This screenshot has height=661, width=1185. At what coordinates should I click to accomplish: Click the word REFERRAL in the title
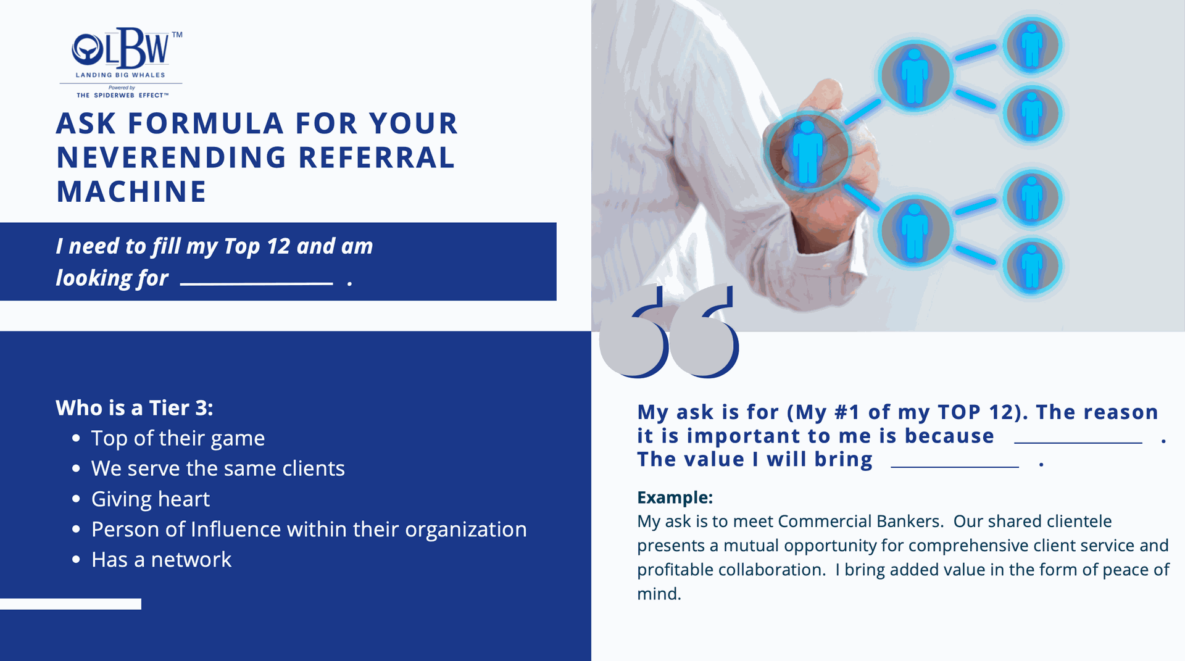tap(377, 157)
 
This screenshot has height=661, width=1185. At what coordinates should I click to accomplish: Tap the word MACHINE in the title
tap(131, 191)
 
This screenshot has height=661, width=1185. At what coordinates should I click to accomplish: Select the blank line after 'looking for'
tap(257, 284)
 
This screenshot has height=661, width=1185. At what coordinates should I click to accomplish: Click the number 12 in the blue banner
tap(278, 246)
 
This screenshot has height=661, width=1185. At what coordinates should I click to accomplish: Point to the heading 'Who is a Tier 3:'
tap(135, 408)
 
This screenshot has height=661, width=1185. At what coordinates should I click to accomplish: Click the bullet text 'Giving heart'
tap(151, 499)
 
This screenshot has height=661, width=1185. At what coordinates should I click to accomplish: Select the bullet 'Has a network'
tap(161, 559)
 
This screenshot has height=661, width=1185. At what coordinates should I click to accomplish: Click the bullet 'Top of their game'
tap(178, 438)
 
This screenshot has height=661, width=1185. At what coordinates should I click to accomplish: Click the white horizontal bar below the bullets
tap(70, 604)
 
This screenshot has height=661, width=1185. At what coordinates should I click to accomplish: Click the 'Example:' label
tap(675, 497)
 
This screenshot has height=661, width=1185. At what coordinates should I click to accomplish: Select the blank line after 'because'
tap(1078, 443)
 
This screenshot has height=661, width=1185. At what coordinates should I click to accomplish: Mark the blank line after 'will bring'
tap(955, 467)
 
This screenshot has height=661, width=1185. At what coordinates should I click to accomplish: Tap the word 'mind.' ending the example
tap(659, 594)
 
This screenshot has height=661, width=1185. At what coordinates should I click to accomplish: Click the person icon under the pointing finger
tap(807, 151)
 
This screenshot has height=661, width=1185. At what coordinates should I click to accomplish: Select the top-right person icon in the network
tap(1032, 45)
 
